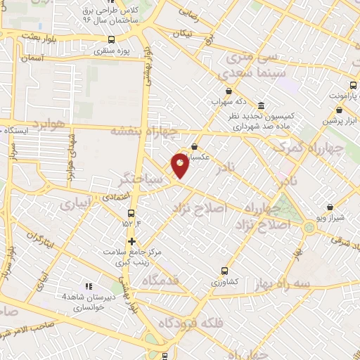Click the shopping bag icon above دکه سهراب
[229, 91]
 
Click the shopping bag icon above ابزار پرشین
[340, 110]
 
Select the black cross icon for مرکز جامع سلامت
[131, 241]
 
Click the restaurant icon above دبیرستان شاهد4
[89, 286]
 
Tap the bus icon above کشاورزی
[225, 271]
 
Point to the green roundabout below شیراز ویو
[309, 227]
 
